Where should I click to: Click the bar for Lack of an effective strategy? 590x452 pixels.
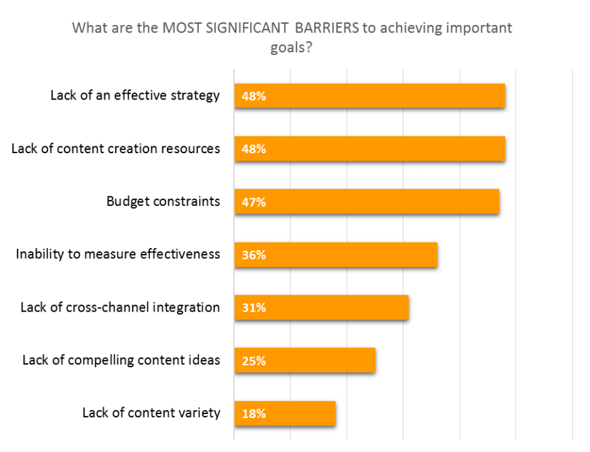tap(370, 96)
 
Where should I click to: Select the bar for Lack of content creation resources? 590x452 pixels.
tap(370, 149)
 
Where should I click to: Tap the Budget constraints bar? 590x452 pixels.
tap(367, 202)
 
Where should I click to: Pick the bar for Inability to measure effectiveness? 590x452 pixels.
tap(336, 255)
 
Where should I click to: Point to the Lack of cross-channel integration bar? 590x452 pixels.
tap(321, 308)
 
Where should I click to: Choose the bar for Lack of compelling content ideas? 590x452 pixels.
tap(305, 361)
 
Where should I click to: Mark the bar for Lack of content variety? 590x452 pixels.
tap(285, 413)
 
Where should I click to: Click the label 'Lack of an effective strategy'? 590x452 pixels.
tap(135, 96)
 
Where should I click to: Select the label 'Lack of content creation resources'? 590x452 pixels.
tap(116, 148)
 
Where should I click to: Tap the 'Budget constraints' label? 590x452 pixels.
tap(163, 201)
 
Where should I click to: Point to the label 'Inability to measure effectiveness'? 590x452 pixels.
tap(118, 254)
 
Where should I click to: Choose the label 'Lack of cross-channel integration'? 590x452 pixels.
tap(120, 307)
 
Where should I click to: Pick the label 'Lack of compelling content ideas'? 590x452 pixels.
tap(121, 360)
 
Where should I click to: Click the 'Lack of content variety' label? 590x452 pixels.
tap(151, 413)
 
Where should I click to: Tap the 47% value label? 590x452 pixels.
tap(254, 202)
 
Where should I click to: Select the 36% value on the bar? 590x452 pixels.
tap(254, 255)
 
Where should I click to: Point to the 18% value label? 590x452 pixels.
tap(254, 413)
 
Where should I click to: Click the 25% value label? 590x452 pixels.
tap(254, 361)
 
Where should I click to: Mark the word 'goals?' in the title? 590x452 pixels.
tap(291, 48)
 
